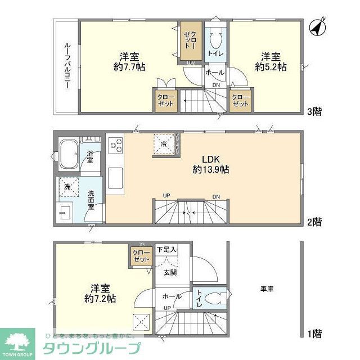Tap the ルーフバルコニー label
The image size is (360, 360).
click(x=66, y=67)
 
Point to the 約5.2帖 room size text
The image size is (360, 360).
click(x=271, y=66)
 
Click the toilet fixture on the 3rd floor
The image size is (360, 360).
click(x=215, y=39)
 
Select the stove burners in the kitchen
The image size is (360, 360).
click(x=115, y=146)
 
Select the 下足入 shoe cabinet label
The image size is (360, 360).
click(x=166, y=249)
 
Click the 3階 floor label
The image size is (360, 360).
click(x=314, y=111)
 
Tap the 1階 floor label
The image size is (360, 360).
click(x=314, y=334)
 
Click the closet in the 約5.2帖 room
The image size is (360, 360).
click(x=241, y=100)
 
